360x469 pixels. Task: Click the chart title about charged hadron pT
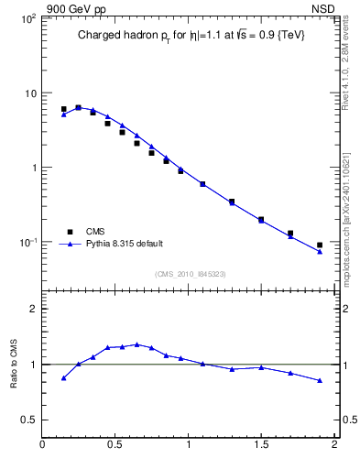point(191,36)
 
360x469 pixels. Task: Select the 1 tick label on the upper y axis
point(32,168)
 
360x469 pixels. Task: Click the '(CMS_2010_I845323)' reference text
point(190,273)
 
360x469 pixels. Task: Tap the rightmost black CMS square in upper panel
point(320,245)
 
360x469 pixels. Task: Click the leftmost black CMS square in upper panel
point(63,109)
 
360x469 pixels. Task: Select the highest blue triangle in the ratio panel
point(137,344)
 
